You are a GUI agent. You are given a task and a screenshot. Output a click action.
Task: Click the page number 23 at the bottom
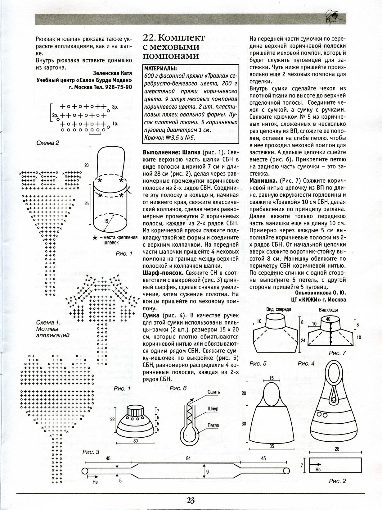(191, 500)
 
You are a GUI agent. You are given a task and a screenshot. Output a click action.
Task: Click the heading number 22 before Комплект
(149, 38)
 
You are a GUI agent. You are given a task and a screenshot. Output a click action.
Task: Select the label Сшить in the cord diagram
(213, 392)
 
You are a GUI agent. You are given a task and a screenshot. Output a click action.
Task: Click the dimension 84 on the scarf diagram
(188, 458)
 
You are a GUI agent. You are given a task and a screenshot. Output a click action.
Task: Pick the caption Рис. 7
(337, 353)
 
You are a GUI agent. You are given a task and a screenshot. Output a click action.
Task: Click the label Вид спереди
(278, 309)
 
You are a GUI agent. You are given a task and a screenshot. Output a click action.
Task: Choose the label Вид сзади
(328, 310)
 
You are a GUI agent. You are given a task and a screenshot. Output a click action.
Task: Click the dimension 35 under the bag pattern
(272, 446)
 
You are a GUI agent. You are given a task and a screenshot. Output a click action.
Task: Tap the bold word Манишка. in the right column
(263, 180)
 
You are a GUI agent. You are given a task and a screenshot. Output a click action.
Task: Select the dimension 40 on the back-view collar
(328, 319)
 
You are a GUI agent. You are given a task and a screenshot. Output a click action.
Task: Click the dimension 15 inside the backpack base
(106, 221)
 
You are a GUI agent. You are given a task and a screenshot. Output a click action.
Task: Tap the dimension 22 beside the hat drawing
(112, 419)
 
